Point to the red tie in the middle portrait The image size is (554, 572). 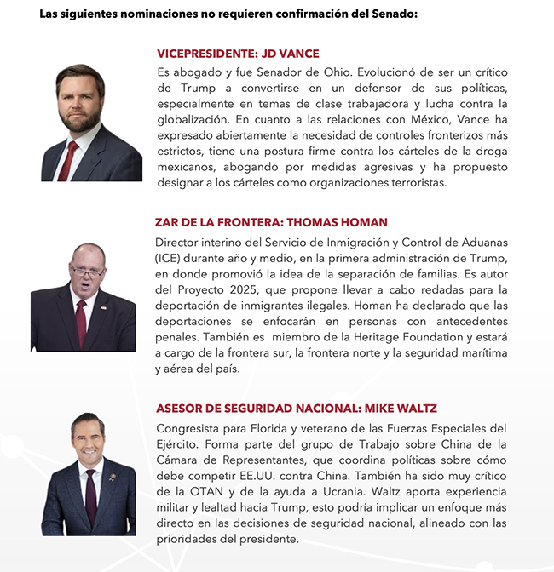81,322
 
